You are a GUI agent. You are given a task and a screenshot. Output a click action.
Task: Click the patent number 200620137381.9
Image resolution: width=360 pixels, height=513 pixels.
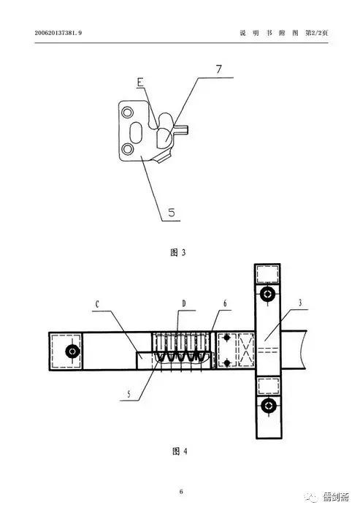58,33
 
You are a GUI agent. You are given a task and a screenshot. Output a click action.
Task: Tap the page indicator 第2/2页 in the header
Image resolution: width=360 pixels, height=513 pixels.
316,33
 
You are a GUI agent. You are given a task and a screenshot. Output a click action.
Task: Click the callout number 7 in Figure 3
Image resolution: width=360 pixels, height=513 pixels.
219,69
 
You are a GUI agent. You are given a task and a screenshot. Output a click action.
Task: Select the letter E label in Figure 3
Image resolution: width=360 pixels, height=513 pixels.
140,82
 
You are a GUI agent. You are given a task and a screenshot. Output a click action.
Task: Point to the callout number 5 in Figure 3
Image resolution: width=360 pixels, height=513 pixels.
172,213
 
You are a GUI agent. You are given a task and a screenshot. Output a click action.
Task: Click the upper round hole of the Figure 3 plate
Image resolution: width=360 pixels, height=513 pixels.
127,113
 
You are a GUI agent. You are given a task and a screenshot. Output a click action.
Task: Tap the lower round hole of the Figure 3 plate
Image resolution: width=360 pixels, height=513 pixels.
127,149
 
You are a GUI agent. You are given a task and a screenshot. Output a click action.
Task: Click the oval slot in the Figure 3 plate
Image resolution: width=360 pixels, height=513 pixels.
136,133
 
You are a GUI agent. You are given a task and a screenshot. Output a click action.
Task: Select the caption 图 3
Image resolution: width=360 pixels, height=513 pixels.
178,252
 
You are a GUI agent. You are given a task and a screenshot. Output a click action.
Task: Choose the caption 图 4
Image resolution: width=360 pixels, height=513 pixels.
180,452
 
